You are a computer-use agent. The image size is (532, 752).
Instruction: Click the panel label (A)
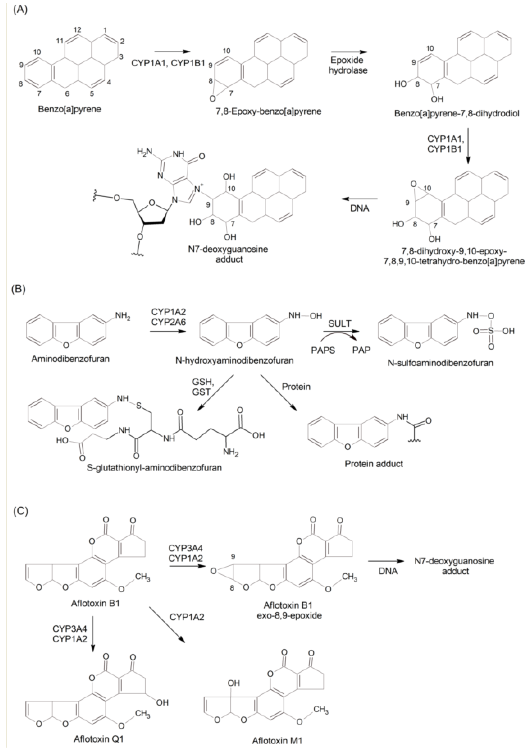(20, 9)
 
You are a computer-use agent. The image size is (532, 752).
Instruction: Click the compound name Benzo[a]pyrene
(69, 109)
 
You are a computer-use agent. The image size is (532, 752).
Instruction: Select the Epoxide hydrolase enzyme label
(349, 65)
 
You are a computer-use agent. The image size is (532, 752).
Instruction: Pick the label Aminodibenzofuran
(70, 359)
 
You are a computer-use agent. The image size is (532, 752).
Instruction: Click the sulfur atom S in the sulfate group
(491, 331)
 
